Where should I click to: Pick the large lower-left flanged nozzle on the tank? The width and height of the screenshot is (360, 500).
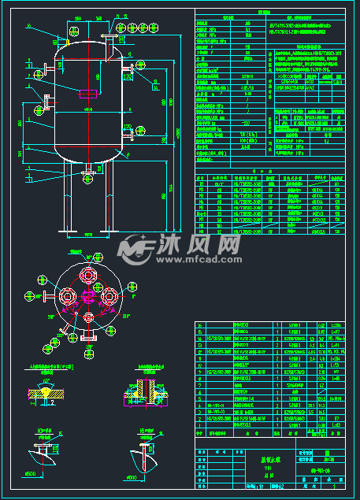point(46,102)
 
